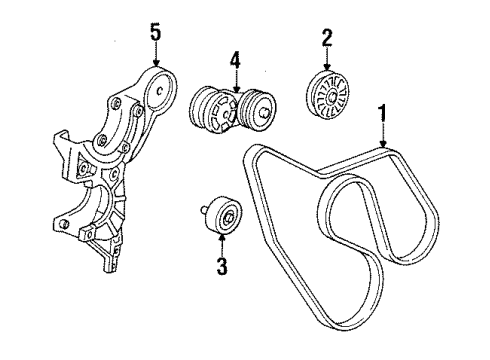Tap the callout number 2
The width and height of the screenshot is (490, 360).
(x=327, y=38)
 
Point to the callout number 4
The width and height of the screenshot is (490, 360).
(x=235, y=60)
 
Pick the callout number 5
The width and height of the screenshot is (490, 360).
(x=156, y=32)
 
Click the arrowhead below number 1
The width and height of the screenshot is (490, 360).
(x=383, y=143)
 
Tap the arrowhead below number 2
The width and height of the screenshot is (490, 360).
(x=327, y=67)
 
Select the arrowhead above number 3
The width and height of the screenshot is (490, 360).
(x=222, y=238)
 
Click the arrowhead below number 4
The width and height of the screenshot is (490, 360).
(x=236, y=89)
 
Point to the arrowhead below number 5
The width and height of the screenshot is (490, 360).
(x=156, y=62)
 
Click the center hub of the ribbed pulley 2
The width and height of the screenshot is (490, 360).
(x=332, y=97)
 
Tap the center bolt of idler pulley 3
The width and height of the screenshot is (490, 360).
(x=229, y=218)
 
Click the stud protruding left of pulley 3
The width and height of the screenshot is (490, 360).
(x=204, y=210)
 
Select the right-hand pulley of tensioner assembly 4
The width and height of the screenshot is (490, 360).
(x=258, y=109)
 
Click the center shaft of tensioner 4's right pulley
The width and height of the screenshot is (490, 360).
(x=264, y=112)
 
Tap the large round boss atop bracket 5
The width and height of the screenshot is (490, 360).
(x=161, y=89)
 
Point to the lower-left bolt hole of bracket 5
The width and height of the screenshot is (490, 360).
(x=62, y=224)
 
